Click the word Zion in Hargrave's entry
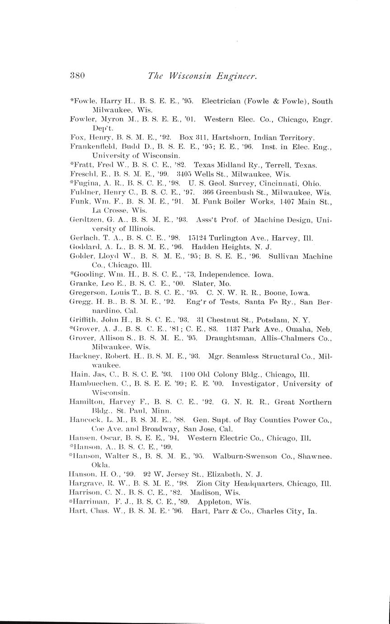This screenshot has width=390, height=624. tap(204, 483)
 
